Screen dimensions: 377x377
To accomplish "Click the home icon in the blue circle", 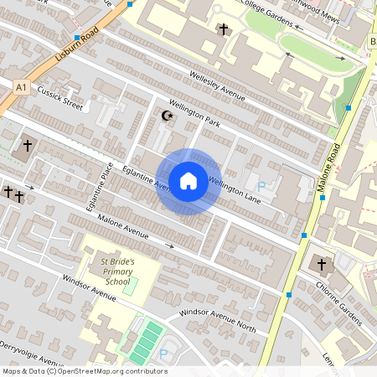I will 188,181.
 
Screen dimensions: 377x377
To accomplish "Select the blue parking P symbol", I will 260,186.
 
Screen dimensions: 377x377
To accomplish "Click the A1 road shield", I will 21,85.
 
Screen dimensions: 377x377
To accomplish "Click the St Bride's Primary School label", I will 116,271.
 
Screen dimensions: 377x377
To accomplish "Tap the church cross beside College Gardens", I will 224,30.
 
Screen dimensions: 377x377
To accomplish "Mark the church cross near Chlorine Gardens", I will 321,265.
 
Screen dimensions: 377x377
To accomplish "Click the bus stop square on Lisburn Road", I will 78,39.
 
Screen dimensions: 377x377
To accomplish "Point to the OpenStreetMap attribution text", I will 84,371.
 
